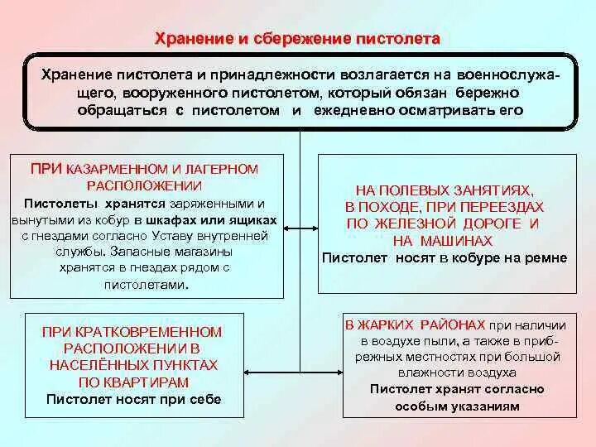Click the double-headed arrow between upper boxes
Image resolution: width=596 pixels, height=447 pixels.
point(300,228)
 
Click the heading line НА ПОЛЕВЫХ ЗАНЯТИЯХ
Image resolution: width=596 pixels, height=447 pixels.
point(444,190)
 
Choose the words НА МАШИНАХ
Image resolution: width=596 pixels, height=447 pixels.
point(443,241)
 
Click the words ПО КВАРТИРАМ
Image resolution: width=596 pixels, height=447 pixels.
point(133,382)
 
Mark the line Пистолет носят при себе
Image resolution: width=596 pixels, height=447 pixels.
point(133,398)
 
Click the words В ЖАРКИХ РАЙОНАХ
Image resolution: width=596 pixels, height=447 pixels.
point(414,324)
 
